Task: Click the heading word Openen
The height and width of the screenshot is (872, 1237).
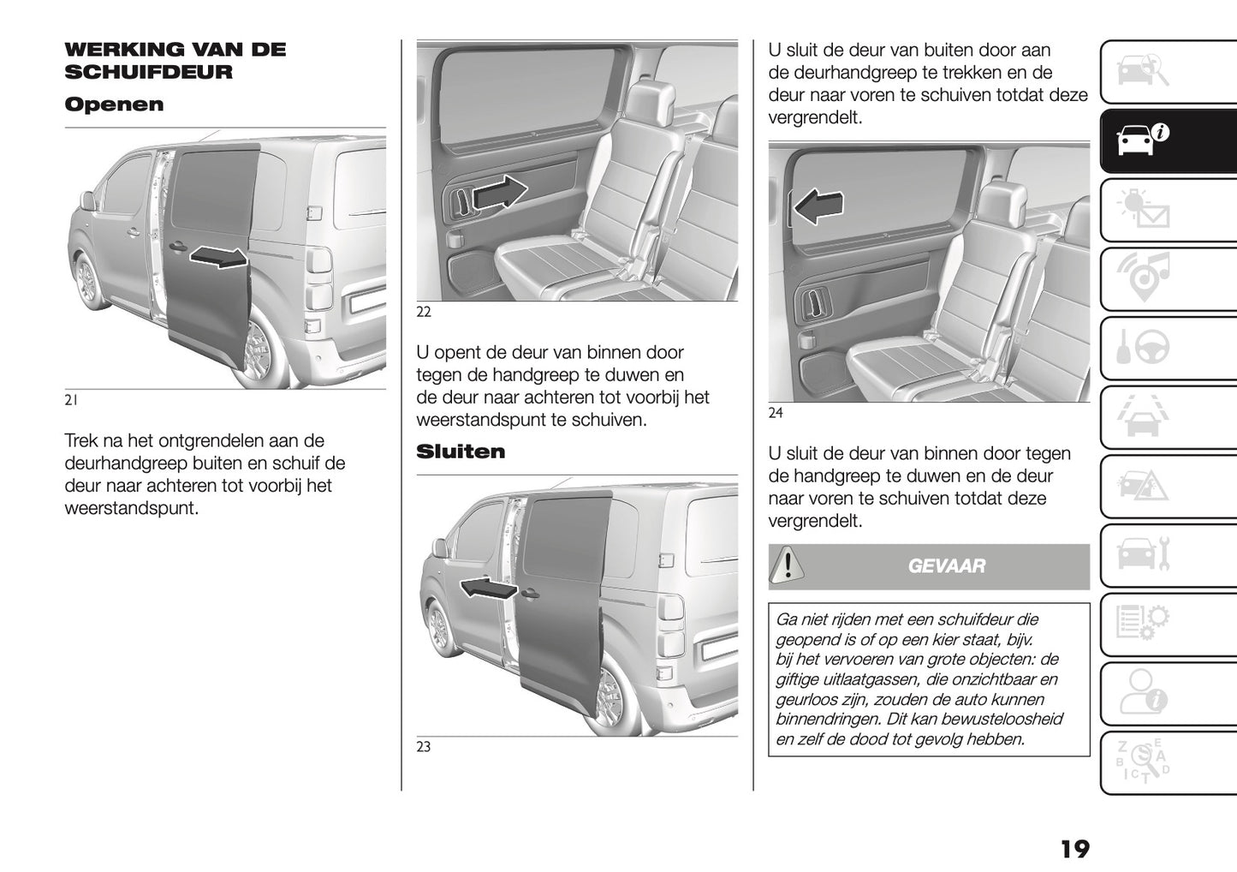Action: click(114, 105)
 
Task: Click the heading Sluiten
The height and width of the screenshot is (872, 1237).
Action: click(461, 451)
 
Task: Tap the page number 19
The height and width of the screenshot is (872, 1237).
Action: click(1074, 849)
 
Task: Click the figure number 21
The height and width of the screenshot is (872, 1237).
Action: click(71, 400)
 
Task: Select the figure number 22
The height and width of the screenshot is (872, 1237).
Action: click(424, 313)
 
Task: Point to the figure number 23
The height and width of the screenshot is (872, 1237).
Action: click(424, 747)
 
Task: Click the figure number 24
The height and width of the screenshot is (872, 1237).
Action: click(776, 414)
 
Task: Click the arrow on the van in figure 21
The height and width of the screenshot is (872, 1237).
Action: click(218, 256)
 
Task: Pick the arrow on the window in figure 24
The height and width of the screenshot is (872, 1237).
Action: click(819, 206)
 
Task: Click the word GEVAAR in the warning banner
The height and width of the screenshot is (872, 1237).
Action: click(946, 566)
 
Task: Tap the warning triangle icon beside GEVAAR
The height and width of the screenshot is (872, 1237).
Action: click(787, 566)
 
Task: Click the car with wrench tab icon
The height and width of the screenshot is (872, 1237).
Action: click(1143, 554)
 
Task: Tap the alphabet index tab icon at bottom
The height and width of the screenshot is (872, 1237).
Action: click(1143, 762)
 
